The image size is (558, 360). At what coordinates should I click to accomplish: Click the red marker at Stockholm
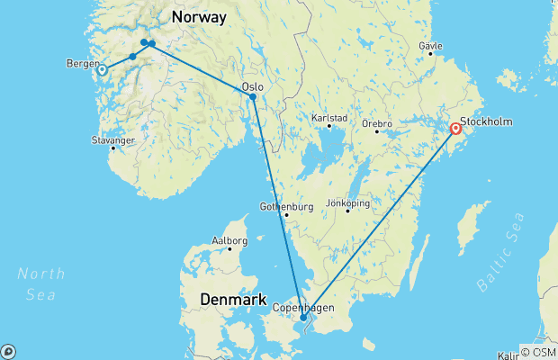point(456,129)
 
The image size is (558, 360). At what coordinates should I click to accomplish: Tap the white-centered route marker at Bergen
point(103,69)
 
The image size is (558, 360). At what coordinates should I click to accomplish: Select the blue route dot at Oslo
point(253,97)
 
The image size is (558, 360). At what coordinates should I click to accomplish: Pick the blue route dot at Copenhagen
point(303,317)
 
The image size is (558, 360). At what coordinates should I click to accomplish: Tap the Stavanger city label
point(112,140)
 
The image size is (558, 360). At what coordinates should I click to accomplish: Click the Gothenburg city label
point(286,206)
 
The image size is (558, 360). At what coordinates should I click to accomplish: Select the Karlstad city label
point(328,117)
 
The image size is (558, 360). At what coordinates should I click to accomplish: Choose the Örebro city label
point(378,121)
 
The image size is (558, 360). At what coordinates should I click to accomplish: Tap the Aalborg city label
point(229,240)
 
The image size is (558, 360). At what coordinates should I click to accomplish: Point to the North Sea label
point(40,283)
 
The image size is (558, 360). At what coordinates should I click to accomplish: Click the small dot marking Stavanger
point(112,148)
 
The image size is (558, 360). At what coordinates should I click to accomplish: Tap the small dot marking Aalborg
point(229,248)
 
